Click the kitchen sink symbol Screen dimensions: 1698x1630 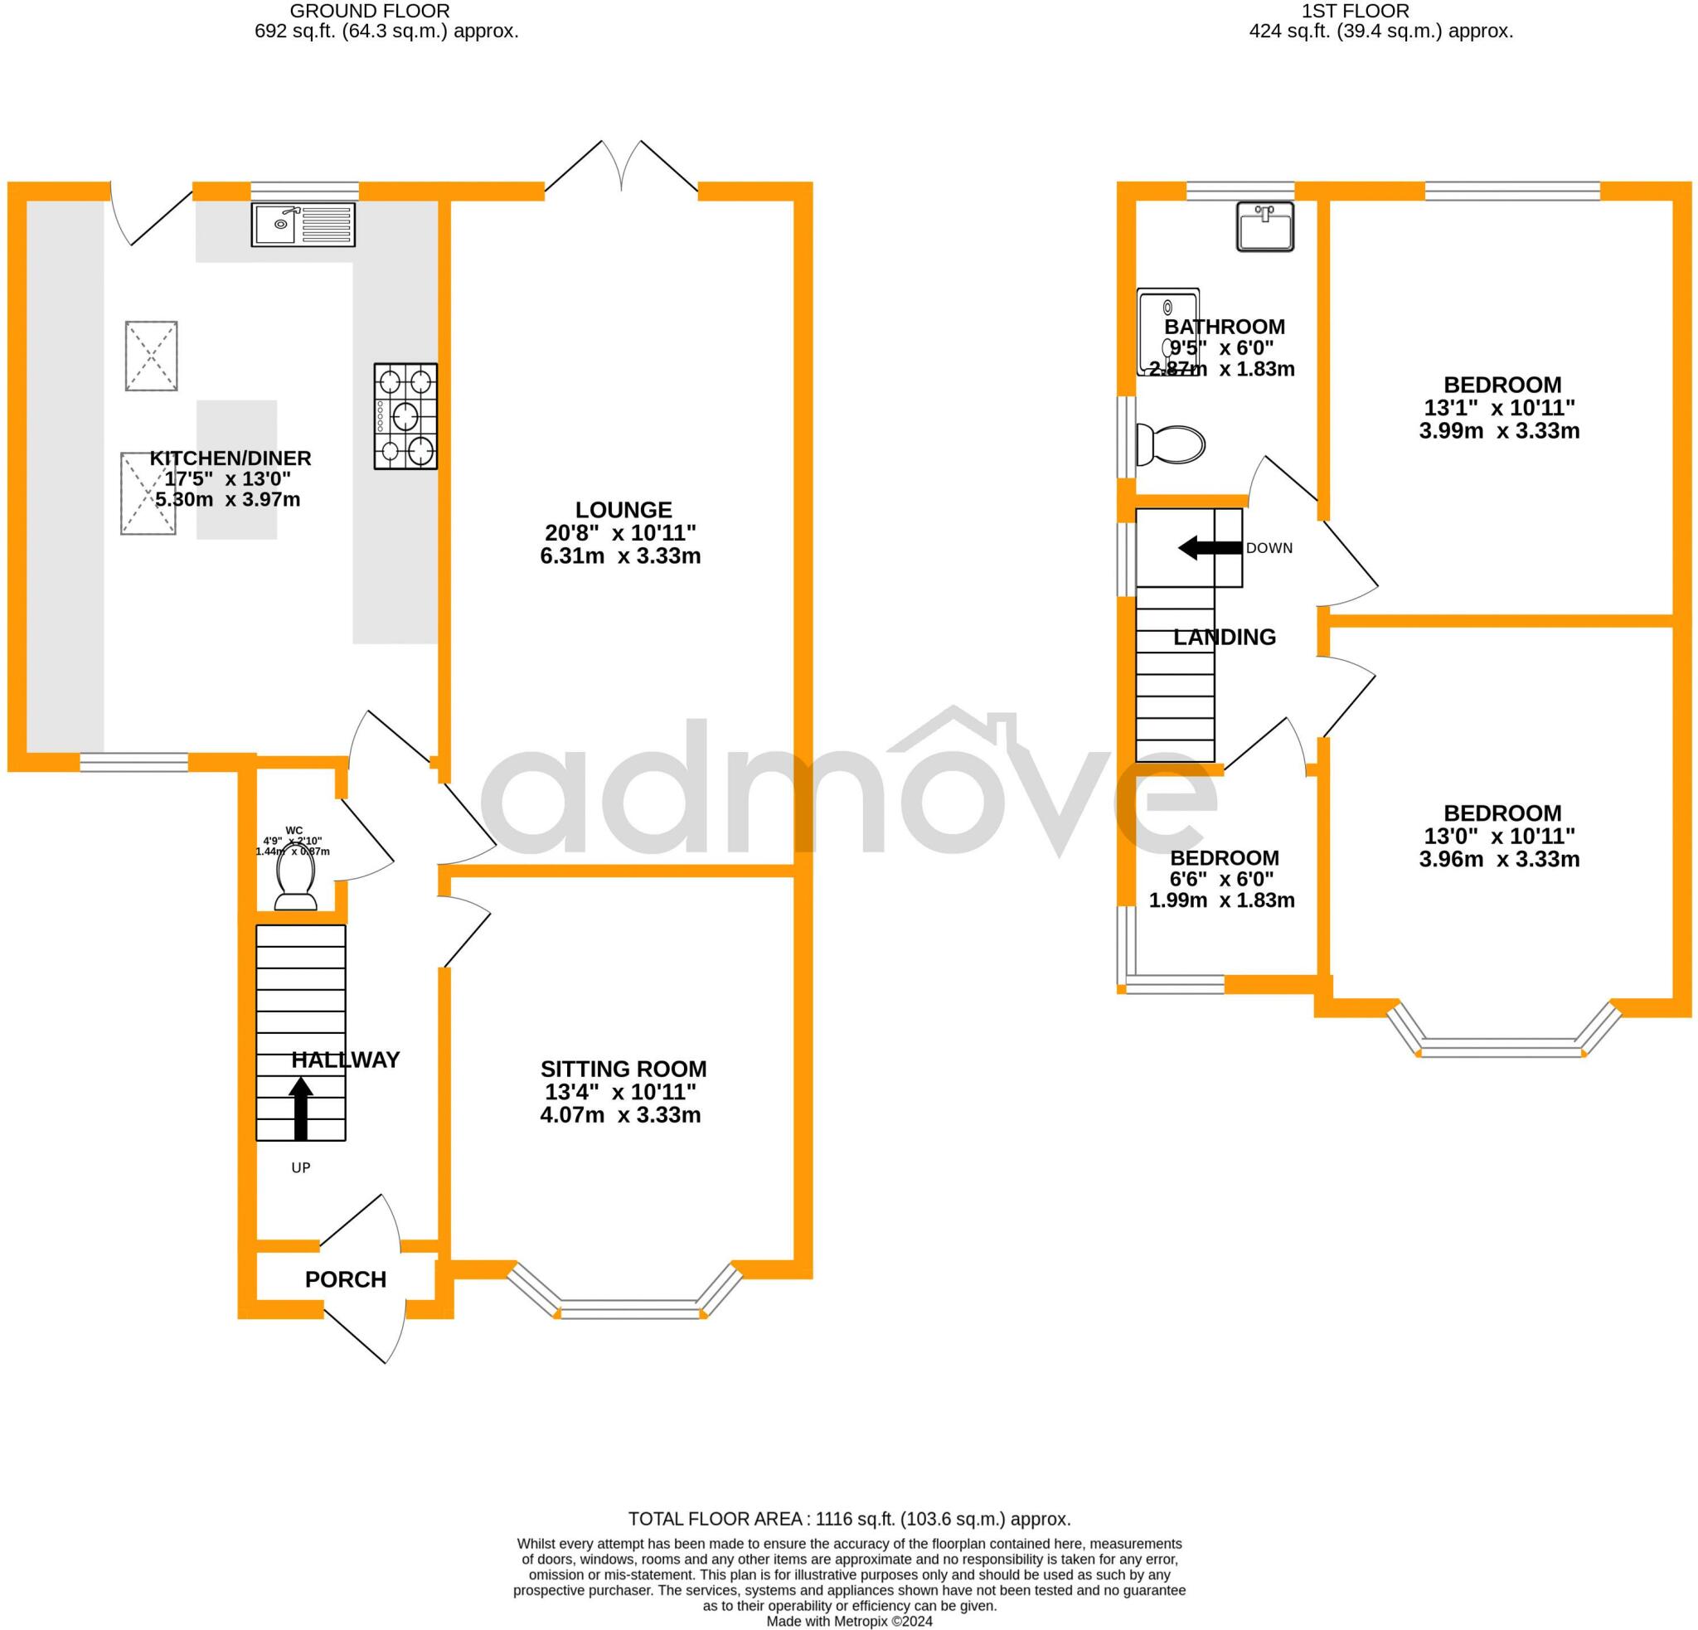tap(303, 225)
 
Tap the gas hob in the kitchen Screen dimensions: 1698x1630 tap(405, 415)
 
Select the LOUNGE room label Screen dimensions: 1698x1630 tap(623, 509)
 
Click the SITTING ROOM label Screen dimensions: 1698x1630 tap(623, 1069)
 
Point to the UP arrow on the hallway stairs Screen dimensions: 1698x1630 tap(301, 1108)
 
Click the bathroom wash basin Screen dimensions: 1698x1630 tap(1265, 226)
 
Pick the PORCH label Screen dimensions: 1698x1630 tap(346, 1279)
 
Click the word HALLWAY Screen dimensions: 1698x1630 tap(346, 1060)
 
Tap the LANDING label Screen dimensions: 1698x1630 tap(1225, 637)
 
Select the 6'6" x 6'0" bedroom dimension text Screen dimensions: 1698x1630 tap(1222, 878)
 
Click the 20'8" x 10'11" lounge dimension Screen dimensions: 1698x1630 tap(620, 532)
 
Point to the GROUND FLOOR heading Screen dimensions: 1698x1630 tap(370, 12)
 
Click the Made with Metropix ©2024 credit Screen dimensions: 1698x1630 tap(850, 1621)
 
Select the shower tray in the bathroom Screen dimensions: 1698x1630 tap(1169, 332)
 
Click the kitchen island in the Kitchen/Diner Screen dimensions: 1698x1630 tap(236, 469)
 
